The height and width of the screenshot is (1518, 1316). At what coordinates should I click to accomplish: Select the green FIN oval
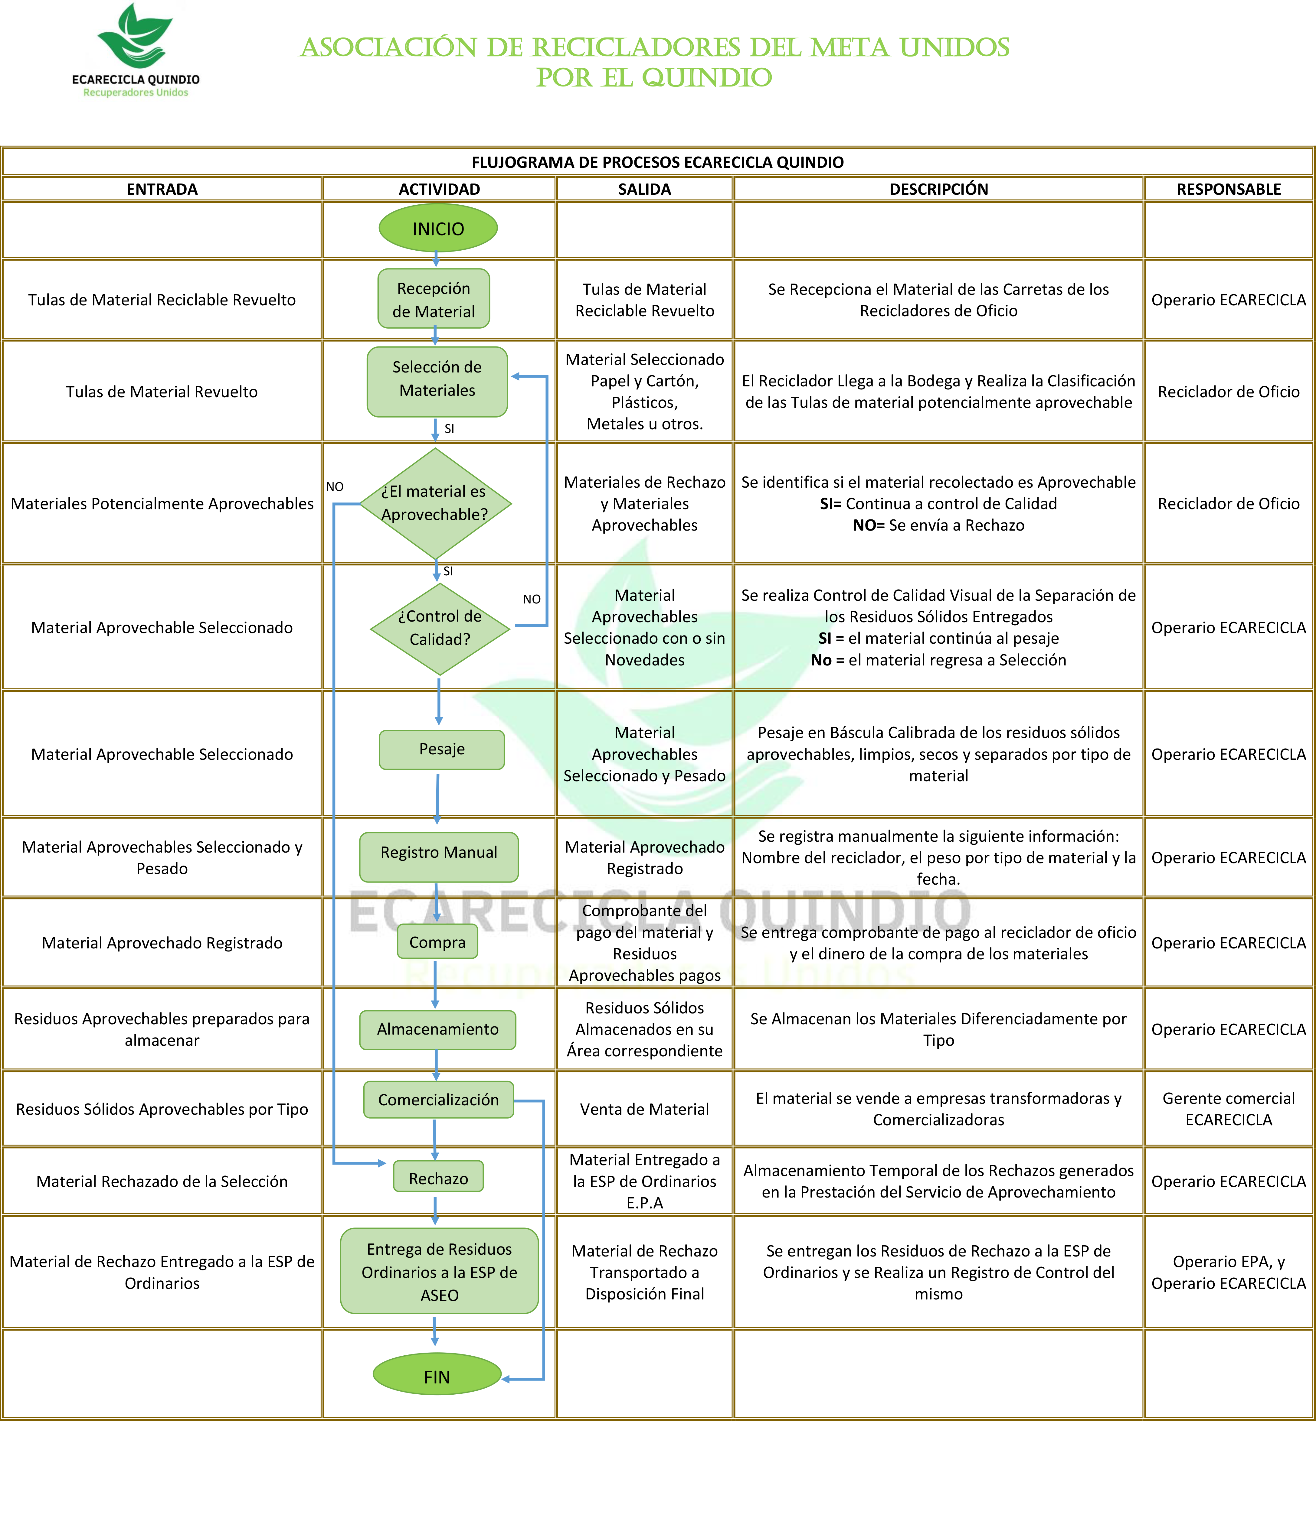pos(437,1376)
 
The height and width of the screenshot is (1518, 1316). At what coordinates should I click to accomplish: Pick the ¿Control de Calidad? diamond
pos(440,628)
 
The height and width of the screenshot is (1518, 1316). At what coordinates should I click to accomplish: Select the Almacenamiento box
pos(438,1029)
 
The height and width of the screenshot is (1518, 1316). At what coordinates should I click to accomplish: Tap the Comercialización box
pos(438,1100)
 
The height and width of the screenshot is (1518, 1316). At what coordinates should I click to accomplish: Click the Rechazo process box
pos(438,1178)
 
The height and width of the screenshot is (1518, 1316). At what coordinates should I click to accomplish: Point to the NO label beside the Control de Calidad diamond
pos(532,599)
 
